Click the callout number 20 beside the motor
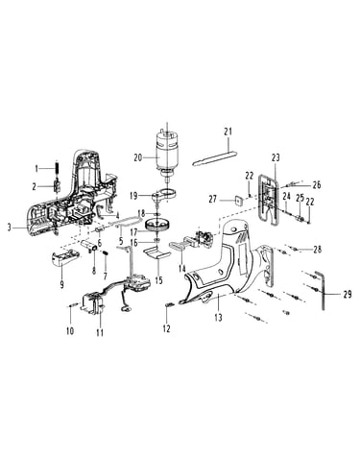pyautogui.click(x=138, y=158)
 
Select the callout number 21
pyautogui.click(x=228, y=132)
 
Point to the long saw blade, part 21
pyautogui.click(x=215, y=157)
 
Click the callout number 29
pyautogui.click(x=348, y=294)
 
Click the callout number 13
pyautogui.click(x=218, y=318)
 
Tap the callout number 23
pyautogui.click(x=276, y=157)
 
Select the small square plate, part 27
pyautogui.click(x=238, y=201)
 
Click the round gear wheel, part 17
pyautogui.click(x=156, y=224)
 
